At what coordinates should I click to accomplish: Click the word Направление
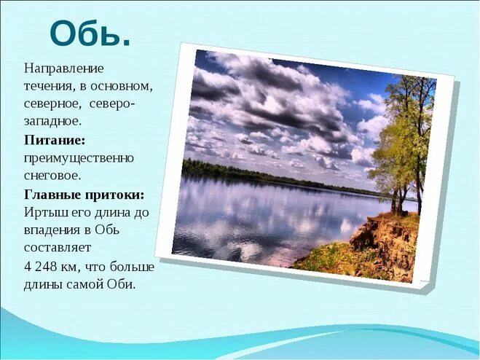click(64, 69)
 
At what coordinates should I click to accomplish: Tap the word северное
click(52, 104)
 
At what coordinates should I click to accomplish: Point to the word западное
click(52, 122)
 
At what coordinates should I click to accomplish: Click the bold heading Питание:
click(55, 139)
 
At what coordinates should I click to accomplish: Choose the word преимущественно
click(79, 157)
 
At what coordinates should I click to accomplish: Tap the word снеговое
click(52, 175)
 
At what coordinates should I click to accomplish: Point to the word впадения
click(53, 230)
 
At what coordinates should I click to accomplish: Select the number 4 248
click(43, 265)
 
